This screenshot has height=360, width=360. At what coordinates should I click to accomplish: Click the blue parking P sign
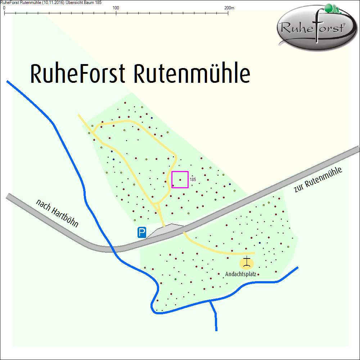click(142, 233)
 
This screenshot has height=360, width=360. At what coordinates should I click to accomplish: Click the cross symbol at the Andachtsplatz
click(247, 263)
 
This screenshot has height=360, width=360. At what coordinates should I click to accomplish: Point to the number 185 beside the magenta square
click(193, 179)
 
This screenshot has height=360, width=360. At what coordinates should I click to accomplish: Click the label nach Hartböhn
click(57, 213)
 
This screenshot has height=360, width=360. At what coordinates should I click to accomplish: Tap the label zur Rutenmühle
click(318, 180)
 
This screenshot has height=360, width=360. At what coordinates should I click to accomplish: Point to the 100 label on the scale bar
click(116, 8)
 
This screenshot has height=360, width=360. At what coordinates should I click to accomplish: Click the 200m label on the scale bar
click(229, 8)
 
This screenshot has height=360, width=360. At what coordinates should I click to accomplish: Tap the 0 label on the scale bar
click(4, 8)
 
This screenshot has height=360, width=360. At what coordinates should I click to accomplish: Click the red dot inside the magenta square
click(180, 179)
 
